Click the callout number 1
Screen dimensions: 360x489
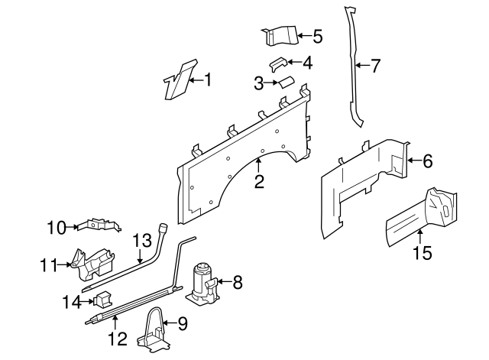(206, 79)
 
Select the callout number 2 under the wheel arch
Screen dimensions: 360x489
(259, 181)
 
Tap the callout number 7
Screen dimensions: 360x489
(374, 66)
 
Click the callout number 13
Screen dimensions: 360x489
(143, 242)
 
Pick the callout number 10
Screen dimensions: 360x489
(57, 226)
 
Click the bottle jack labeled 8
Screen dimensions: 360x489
(202, 283)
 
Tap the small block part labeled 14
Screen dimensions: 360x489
(100, 300)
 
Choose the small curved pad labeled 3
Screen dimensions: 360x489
(284, 82)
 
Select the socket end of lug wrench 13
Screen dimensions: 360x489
(162, 227)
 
